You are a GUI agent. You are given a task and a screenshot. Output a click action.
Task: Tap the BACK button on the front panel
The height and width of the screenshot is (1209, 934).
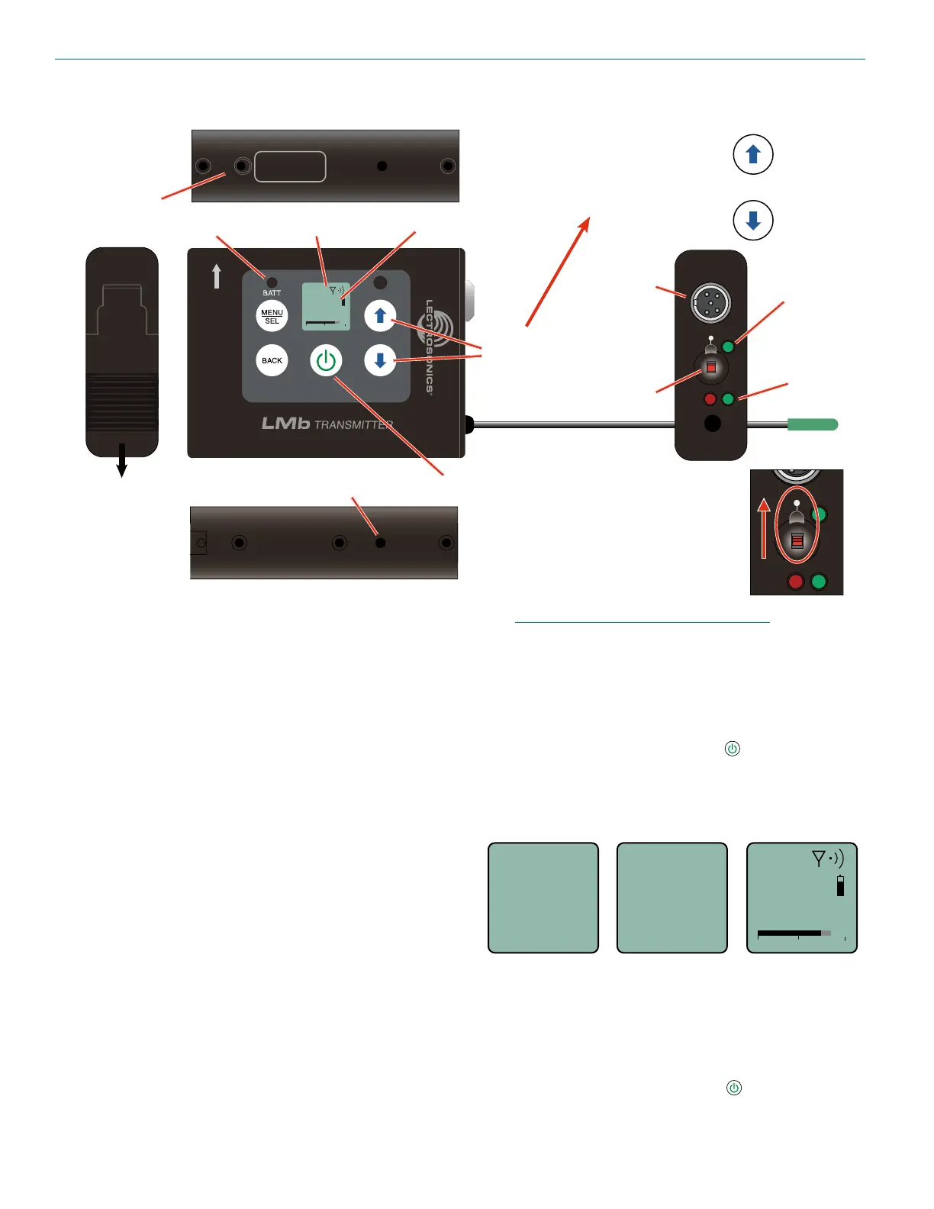(272, 361)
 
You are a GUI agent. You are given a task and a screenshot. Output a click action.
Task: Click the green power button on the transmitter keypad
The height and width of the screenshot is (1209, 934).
(326, 361)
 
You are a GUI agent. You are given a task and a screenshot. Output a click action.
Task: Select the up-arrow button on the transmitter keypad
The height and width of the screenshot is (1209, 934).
(380, 316)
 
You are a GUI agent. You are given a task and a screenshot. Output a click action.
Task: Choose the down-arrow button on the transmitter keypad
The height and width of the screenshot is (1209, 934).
(380, 361)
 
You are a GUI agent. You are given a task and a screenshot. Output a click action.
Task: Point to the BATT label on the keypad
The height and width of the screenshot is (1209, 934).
(272, 293)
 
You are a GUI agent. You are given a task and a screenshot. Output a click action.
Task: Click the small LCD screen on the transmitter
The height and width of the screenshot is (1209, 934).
(326, 307)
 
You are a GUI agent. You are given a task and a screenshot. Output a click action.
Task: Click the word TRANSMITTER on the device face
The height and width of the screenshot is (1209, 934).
(353, 425)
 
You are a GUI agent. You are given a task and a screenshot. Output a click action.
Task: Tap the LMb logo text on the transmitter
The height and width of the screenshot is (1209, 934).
(285, 424)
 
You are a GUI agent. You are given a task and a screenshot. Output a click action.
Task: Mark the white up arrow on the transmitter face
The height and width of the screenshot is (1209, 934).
(217, 276)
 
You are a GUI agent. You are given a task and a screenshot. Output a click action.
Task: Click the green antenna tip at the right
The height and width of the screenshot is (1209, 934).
(812, 424)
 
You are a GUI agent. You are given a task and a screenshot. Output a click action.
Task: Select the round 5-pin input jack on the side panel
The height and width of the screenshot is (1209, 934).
(710, 304)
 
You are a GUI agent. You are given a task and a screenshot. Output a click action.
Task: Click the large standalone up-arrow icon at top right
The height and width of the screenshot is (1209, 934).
(753, 154)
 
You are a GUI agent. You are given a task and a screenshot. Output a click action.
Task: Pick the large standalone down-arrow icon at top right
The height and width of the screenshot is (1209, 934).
(753, 221)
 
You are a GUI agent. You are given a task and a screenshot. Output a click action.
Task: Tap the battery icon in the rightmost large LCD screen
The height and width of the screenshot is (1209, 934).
(840, 886)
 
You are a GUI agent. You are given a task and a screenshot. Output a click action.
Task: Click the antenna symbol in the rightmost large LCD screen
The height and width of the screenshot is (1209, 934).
(819, 859)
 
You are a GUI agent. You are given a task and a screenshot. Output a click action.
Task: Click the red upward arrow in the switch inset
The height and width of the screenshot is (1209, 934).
(764, 528)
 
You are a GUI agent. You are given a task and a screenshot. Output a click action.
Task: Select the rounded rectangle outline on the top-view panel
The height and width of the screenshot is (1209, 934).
(290, 166)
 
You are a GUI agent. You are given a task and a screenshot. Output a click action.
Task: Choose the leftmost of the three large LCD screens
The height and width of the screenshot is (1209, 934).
(543, 898)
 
